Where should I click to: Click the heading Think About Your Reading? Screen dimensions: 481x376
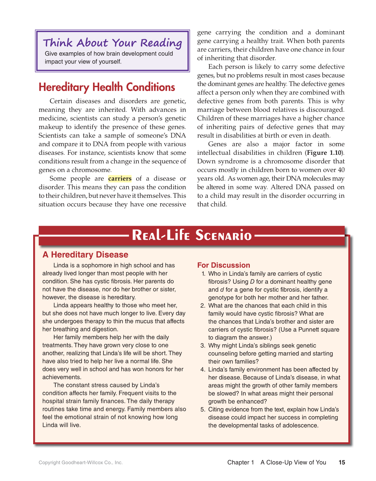113,43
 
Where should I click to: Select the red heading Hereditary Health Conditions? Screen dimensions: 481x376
107,87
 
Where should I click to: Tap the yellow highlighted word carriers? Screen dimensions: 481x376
120,179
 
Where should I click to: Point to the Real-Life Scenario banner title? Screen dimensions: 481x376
192,235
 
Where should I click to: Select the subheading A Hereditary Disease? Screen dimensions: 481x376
85,255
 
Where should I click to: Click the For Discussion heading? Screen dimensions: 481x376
223,265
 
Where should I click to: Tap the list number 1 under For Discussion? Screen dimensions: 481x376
203,274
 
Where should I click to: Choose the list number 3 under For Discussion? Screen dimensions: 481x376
203,346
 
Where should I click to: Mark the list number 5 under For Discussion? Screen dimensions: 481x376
203,409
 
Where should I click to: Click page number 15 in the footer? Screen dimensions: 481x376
342,462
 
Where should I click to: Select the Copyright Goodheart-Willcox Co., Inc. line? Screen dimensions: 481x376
80,462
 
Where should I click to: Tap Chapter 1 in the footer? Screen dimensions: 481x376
240,462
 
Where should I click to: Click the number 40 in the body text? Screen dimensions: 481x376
341,170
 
